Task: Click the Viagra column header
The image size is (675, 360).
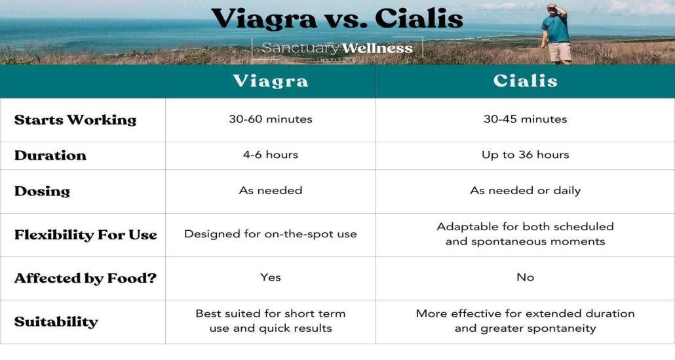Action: (x=271, y=81)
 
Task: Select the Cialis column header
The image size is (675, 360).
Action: (x=525, y=81)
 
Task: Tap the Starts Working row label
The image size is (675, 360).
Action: (x=75, y=120)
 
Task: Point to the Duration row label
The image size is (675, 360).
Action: (x=50, y=155)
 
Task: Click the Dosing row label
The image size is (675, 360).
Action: (x=42, y=191)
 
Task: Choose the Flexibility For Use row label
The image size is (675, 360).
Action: (x=86, y=235)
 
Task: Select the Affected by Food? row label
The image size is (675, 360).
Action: (x=85, y=278)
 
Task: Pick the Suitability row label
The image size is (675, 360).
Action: (x=56, y=322)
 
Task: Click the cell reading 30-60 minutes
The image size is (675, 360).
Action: (x=271, y=119)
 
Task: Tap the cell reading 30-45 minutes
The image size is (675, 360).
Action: (x=525, y=119)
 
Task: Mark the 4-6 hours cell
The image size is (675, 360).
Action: (x=271, y=155)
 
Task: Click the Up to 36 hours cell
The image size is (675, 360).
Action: (x=525, y=155)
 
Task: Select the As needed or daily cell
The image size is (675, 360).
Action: (x=525, y=190)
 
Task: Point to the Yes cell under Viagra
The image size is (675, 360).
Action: (x=271, y=277)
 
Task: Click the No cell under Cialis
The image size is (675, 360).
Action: (x=525, y=277)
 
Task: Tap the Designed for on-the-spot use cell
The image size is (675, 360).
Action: (x=271, y=234)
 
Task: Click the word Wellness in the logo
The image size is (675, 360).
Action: (x=377, y=49)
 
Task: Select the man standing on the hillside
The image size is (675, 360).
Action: (x=557, y=34)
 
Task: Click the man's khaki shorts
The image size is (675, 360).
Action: (x=560, y=52)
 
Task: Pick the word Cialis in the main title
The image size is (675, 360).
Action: (x=419, y=19)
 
